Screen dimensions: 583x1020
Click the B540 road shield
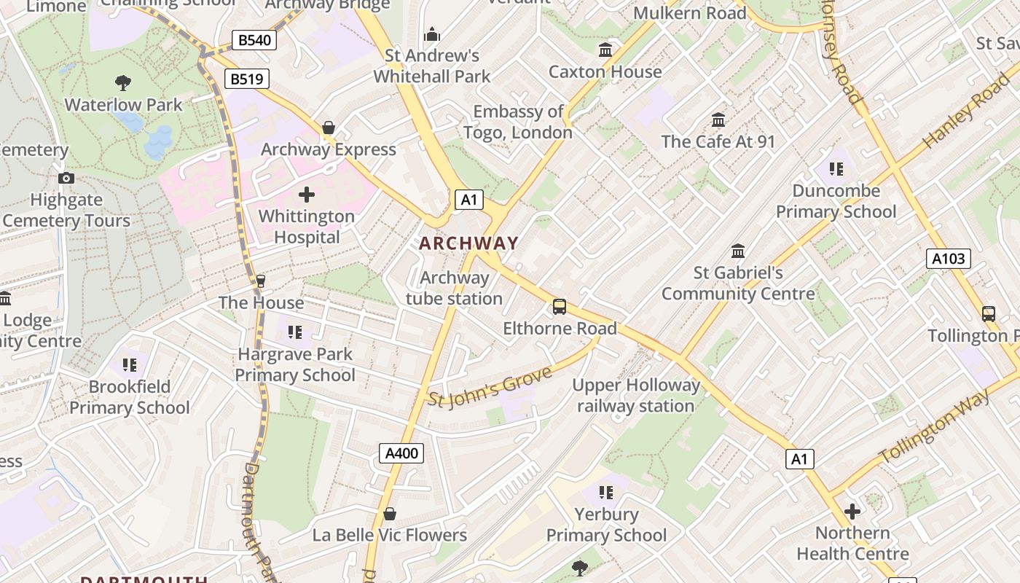[254, 39]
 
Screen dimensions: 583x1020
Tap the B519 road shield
[247, 79]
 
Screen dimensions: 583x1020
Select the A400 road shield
[401, 453]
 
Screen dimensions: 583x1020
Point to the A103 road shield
[949, 258]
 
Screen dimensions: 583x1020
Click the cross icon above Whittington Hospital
[307, 195]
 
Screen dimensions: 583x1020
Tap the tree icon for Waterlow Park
[123, 83]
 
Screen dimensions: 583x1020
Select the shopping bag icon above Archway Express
[329, 128]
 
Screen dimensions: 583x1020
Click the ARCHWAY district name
[468, 243]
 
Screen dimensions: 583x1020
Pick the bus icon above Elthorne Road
[560, 307]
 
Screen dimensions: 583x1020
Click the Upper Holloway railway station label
[635, 396]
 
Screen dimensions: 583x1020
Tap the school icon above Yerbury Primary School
[605, 493]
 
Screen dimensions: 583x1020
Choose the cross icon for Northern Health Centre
[852, 512]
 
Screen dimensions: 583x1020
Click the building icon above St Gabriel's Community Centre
[738, 251]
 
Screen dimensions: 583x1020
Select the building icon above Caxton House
[605, 50]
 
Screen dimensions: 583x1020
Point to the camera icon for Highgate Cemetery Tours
[66, 178]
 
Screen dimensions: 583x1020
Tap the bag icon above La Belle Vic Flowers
[390, 514]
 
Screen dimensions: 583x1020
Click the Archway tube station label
[454, 288]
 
